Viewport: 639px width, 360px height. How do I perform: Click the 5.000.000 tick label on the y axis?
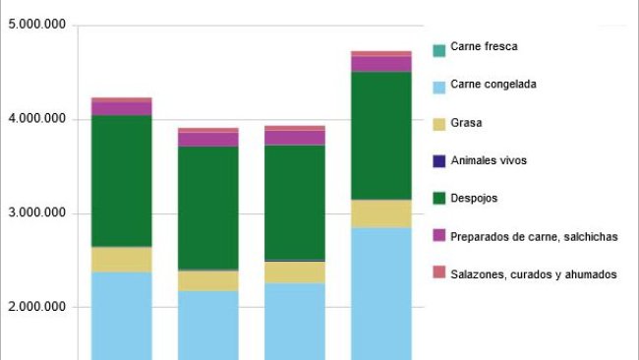[36, 26]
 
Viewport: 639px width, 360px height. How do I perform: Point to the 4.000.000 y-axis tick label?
[36, 119]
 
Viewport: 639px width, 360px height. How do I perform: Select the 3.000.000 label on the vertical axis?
[36, 213]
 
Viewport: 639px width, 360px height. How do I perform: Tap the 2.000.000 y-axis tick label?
[36, 307]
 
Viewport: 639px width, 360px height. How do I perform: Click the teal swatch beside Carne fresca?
[438, 47]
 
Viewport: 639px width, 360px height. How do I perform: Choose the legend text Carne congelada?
[494, 85]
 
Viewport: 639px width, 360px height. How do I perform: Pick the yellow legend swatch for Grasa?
[438, 123]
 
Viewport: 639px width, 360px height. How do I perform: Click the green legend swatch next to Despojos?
[438, 199]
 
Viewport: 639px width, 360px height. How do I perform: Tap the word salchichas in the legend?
[591, 236]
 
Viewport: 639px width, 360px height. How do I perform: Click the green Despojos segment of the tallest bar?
[381, 136]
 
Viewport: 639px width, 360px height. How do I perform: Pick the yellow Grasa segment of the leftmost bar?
[121, 259]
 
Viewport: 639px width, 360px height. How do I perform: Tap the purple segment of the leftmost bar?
[121, 108]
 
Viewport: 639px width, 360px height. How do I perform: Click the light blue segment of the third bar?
[294, 321]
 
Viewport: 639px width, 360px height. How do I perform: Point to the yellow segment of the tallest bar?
[381, 213]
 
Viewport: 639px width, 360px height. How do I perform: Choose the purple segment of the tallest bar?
[381, 64]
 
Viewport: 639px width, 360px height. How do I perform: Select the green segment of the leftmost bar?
[121, 181]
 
